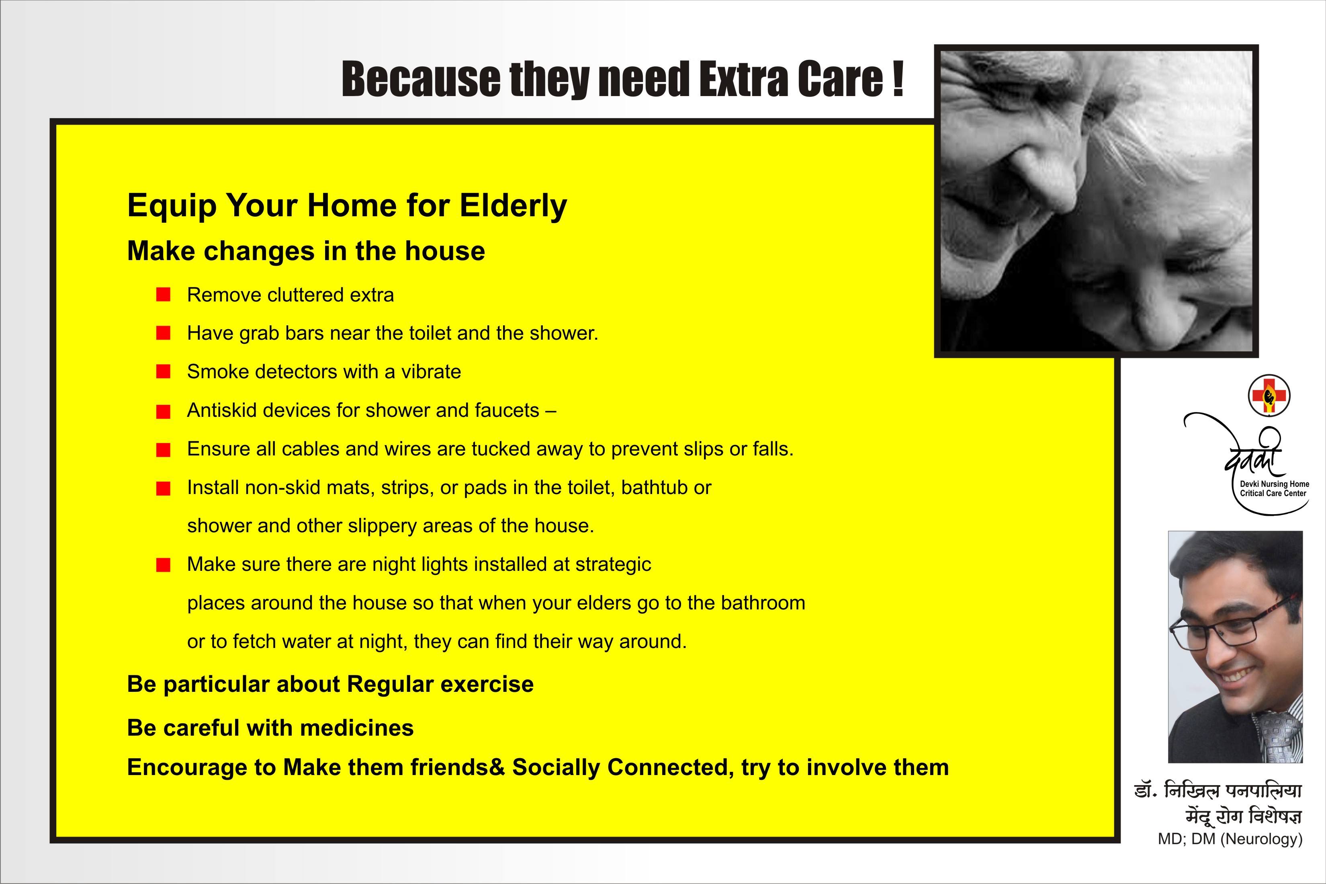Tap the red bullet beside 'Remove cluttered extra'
(164, 294)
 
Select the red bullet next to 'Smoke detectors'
(164, 371)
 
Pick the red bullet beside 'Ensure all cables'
(164, 449)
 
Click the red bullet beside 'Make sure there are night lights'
(164, 564)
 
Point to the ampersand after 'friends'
(497, 767)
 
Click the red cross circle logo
(1269, 395)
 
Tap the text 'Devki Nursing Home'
(1275, 484)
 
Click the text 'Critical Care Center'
(1273, 493)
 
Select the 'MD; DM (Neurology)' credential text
(1230, 839)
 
